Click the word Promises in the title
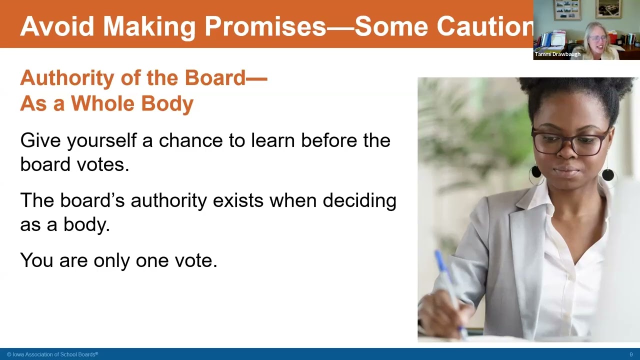[265, 26]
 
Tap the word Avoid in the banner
[56, 26]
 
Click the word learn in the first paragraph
[273, 140]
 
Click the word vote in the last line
[195, 260]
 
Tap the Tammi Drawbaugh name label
[557, 54]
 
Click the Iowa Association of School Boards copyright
[52, 354]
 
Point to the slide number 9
[631, 354]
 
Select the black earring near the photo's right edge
[607, 175]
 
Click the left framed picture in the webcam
[567, 9]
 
